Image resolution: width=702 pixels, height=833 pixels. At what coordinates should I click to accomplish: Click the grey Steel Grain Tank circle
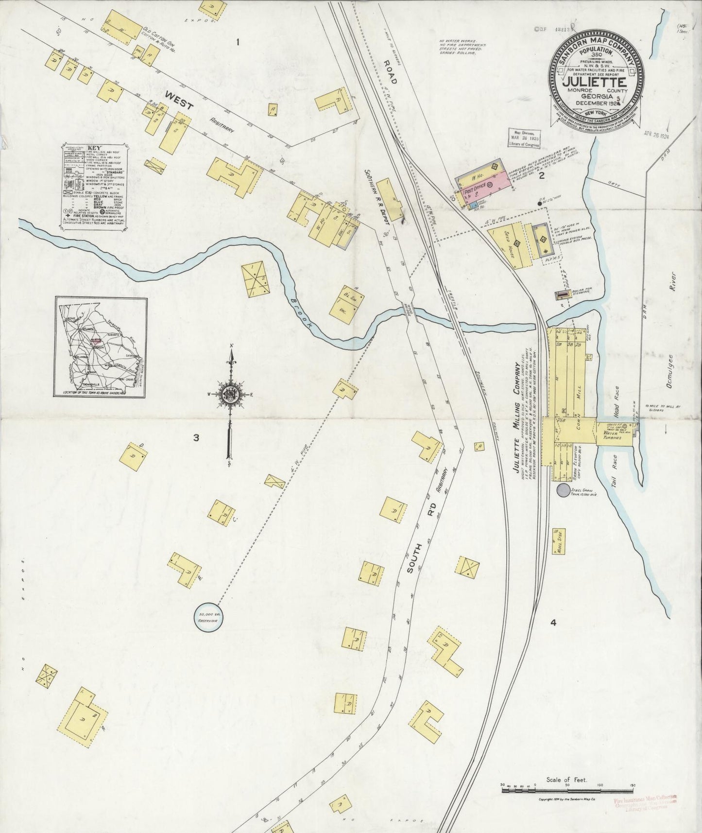(564, 490)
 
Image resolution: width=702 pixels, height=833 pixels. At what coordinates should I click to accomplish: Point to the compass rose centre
(230, 395)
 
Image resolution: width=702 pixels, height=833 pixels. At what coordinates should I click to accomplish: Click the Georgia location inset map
(101, 347)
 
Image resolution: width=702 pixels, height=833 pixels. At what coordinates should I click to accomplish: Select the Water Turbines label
(613, 435)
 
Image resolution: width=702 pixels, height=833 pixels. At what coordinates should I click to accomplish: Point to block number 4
(553, 623)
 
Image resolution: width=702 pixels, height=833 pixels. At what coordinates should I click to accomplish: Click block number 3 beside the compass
(196, 438)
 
